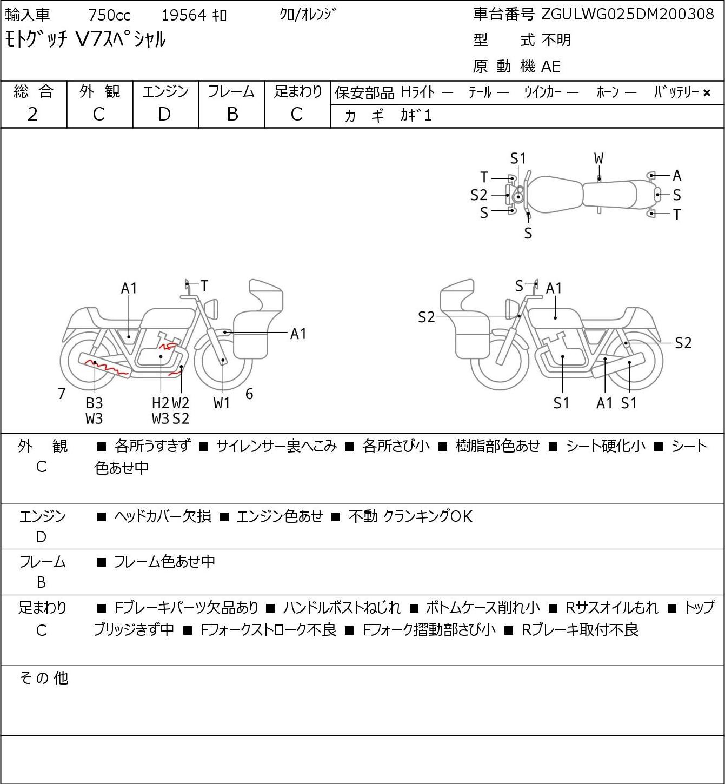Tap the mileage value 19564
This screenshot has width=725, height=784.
183,15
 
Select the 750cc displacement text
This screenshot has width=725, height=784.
109,15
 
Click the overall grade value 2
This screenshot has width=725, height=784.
33,114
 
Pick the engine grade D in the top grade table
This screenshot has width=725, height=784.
164,114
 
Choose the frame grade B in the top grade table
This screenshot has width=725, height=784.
232,114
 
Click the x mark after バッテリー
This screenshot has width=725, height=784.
707,93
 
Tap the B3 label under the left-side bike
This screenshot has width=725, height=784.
94,403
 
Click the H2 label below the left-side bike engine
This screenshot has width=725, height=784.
161,403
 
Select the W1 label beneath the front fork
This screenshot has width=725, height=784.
222,403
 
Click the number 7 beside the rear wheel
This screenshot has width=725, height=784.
61,394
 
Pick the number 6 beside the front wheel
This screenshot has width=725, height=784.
249,394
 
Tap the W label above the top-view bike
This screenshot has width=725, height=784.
598,158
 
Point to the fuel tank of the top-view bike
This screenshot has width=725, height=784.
554,195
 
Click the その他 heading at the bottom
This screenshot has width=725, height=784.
43,677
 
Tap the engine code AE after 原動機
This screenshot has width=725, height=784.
551,67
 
